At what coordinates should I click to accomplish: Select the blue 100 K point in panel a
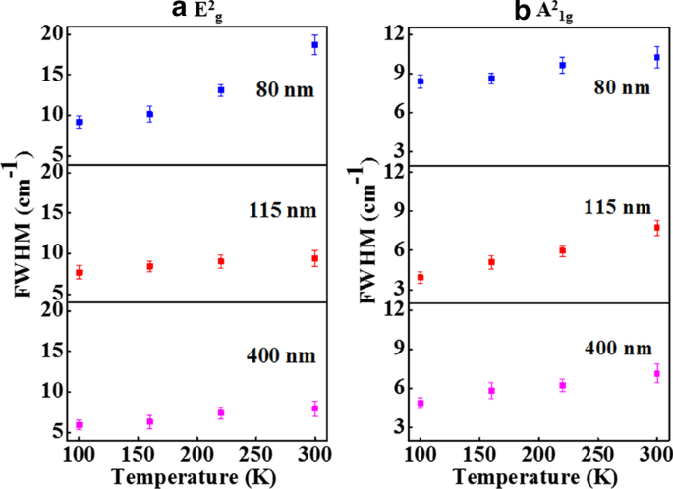[x=79, y=122]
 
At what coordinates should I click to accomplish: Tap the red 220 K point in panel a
[x=221, y=261]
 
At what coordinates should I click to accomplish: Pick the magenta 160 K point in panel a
[x=150, y=422]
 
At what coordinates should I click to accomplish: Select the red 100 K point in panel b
[x=421, y=278]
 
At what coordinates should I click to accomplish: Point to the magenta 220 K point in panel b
[x=563, y=385]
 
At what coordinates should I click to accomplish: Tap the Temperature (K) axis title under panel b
[x=537, y=477]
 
